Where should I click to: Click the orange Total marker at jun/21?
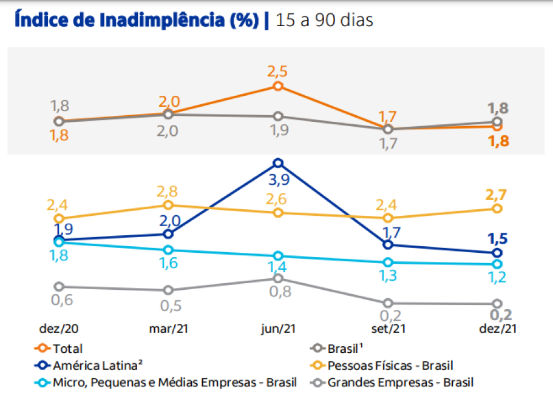[x=278, y=86]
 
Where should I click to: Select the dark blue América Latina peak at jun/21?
[x=278, y=162]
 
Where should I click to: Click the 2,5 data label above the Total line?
[x=277, y=72]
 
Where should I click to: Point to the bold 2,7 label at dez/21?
[x=497, y=195]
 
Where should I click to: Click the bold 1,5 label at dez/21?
[x=497, y=238]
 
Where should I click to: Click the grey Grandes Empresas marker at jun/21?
[x=278, y=278]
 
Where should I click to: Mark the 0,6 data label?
[x=59, y=300]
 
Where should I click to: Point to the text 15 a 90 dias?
[x=324, y=19]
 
